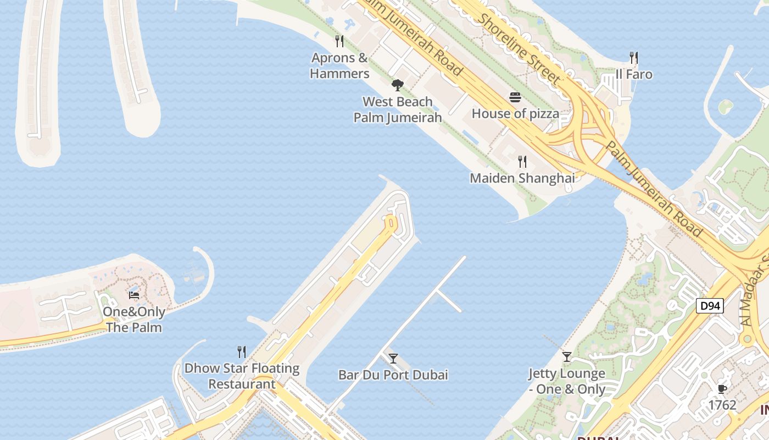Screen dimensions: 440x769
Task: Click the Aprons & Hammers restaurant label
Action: (x=339, y=65)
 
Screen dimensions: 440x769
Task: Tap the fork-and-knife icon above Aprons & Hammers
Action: (x=339, y=41)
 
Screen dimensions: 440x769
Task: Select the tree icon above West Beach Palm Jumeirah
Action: (x=398, y=85)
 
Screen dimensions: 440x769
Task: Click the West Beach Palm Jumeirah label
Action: (x=398, y=109)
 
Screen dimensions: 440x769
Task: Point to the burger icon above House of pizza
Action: (x=515, y=97)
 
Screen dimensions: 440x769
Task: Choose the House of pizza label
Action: (x=515, y=114)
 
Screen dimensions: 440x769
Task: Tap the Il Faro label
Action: (x=634, y=74)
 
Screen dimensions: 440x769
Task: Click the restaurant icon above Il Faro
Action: (x=634, y=57)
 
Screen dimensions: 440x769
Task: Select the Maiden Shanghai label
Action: (x=522, y=178)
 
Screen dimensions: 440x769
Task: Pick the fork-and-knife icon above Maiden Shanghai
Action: (x=522, y=161)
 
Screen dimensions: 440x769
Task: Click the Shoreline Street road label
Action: (x=519, y=49)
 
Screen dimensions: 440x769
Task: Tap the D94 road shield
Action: (x=710, y=306)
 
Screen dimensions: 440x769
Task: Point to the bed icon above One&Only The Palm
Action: (x=134, y=295)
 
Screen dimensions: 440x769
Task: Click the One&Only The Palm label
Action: (x=135, y=320)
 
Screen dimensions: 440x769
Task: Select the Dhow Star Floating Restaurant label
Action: (x=242, y=376)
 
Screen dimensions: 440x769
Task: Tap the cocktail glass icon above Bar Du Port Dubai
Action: (x=393, y=359)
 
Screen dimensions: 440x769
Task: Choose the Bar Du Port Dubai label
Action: (x=393, y=375)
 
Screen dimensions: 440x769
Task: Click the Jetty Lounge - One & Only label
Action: (x=567, y=381)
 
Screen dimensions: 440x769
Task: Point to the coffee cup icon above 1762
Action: (x=722, y=389)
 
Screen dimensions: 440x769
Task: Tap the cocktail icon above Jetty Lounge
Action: (x=567, y=357)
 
